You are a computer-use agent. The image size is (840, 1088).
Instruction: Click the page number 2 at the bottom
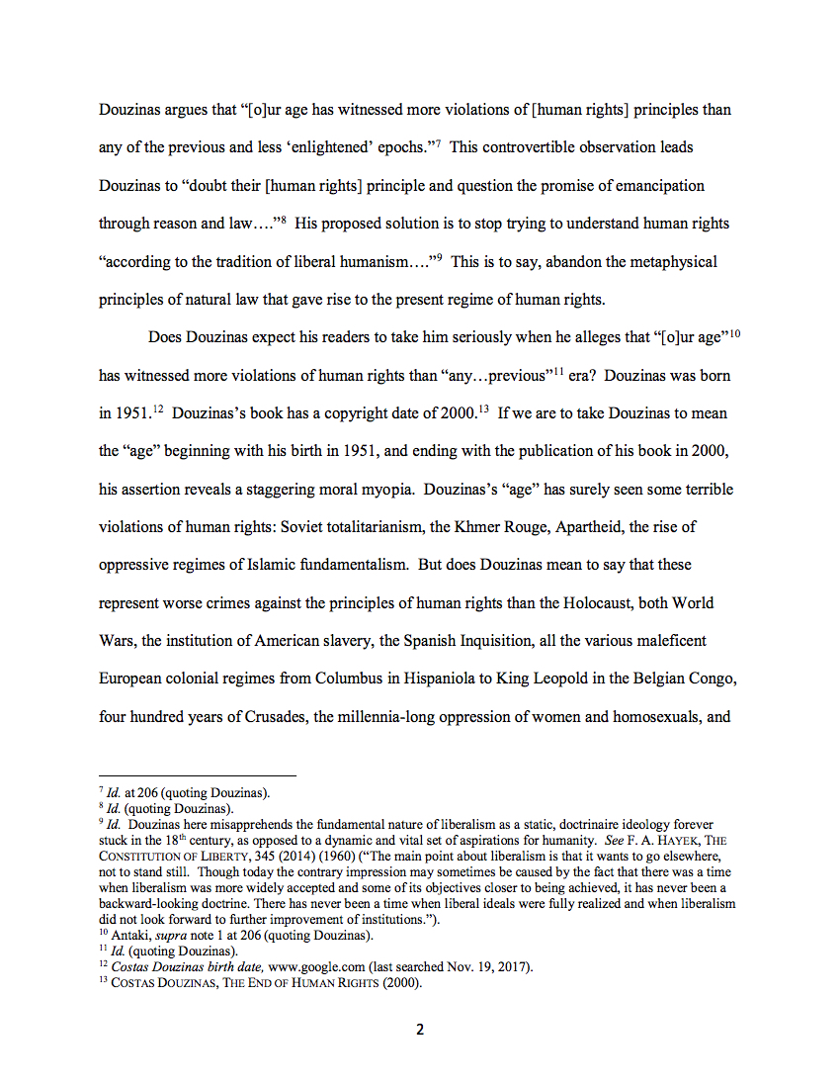420,1030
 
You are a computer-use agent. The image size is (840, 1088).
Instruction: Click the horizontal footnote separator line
198,776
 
